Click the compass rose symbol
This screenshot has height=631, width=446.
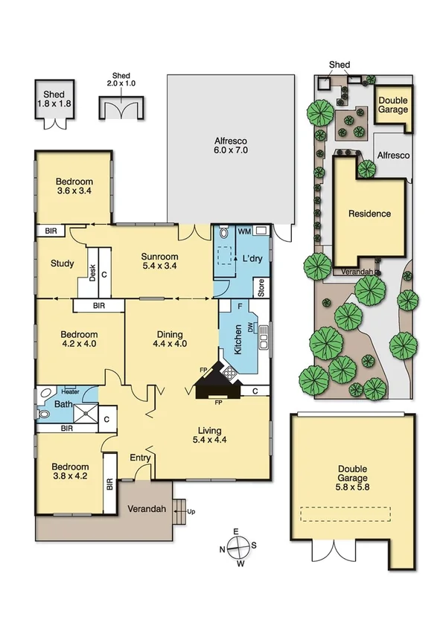(x=238, y=547)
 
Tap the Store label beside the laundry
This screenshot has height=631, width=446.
(x=261, y=287)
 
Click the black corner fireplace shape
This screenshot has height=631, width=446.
(x=218, y=382)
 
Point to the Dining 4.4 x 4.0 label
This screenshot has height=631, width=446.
(x=169, y=339)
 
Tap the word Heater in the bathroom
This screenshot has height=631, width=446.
(x=71, y=391)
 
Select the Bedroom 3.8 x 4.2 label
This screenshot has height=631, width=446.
(x=71, y=472)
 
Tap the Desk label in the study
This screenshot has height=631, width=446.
(x=93, y=272)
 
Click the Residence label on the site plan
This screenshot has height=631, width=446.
(x=369, y=214)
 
